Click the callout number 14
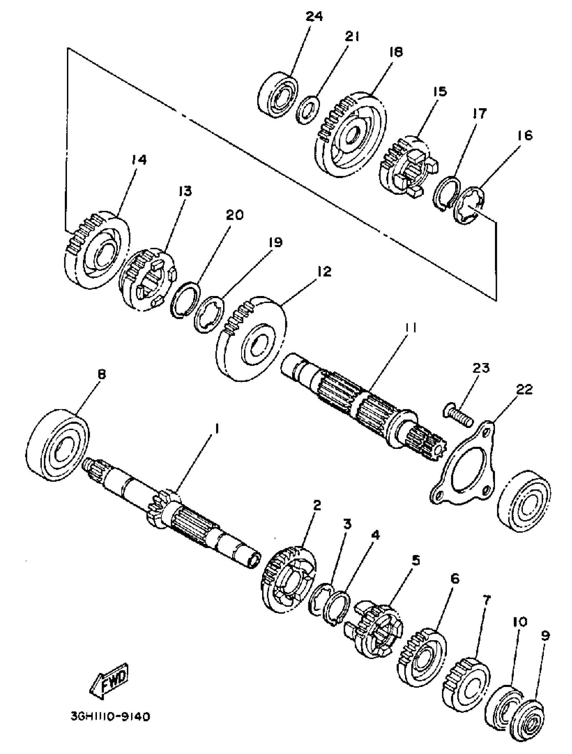139,160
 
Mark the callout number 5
415,560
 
